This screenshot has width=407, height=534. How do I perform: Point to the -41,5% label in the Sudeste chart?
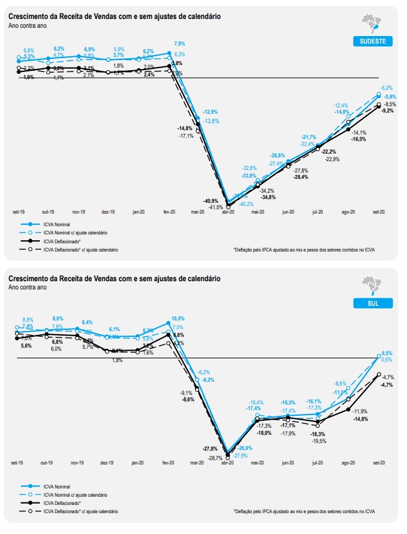[x=215, y=207]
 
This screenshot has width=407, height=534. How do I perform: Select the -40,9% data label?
[x=211, y=200]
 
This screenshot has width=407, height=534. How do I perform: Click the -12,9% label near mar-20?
[x=210, y=112]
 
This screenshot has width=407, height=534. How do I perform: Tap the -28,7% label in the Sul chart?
[x=216, y=458]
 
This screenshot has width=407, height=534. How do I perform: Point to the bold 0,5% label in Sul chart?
[x=388, y=353]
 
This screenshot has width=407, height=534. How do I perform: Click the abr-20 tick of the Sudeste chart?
[x=227, y=212]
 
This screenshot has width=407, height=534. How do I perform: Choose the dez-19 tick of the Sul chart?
[x=108, y=463]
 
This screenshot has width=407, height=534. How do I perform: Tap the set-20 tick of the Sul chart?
[x=380, y=463]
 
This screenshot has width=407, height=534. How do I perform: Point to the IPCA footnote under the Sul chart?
[x=304, y=511]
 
